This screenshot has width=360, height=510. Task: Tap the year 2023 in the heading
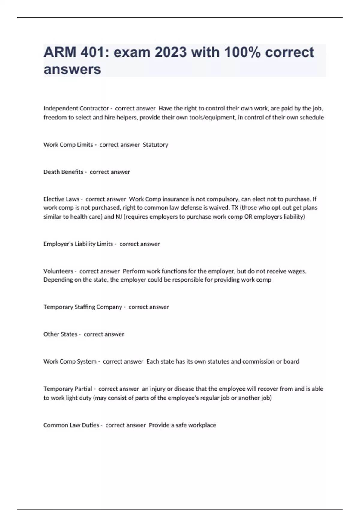[171, 52]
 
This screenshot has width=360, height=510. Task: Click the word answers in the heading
[72, 69]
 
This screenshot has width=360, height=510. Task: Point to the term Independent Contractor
[76, 108]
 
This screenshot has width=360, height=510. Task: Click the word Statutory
[155, 145]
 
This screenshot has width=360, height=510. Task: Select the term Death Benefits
[63, 172]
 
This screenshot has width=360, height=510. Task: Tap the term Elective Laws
[61, 199]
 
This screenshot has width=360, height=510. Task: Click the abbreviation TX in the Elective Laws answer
[235, 208]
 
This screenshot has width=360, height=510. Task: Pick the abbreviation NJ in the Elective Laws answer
[119, 217]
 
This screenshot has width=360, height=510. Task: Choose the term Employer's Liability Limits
[78, 244]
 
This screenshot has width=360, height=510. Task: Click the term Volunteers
[58, 271]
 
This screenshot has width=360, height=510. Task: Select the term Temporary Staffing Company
[82, 307]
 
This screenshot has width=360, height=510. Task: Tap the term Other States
[60, 334]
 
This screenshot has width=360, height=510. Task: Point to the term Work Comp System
[70, 361]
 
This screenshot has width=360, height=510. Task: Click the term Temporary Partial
[67, 389]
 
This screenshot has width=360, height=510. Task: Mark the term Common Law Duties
[71, 425]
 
